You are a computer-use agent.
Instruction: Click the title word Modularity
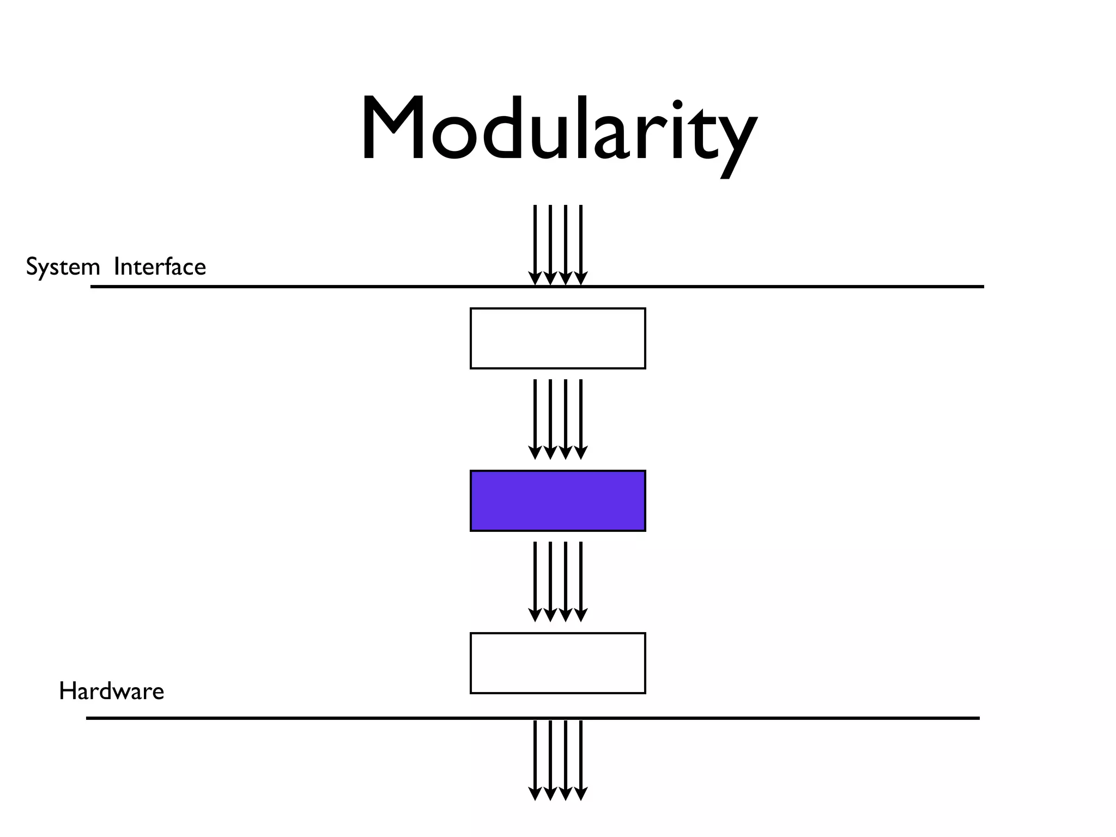click(558, 131)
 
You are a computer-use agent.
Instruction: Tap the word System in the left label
click(63, 268)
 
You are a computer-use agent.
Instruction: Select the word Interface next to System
click(160, 267)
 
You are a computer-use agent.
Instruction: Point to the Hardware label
click(111, 692)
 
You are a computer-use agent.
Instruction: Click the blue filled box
click(557, 501)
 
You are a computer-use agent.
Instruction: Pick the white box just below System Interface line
click(557, 338)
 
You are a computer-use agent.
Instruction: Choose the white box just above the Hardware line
click(557, 663)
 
